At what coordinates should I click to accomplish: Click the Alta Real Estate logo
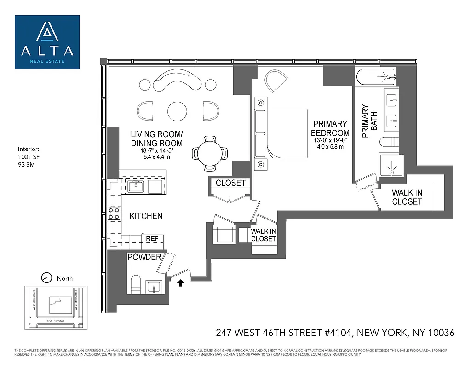click(47, 42)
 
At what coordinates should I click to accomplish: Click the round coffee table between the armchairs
click(177, 110)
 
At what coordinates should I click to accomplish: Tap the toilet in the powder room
click(135, 283)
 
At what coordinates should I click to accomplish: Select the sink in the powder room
click(153, 287)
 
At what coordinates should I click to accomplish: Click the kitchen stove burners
click(114, 213)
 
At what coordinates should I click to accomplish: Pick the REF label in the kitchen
click(152, 239)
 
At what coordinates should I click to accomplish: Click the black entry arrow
click(181, 282)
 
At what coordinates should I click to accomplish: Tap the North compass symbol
click(46, 278)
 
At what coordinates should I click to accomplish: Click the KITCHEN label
click(145, 216)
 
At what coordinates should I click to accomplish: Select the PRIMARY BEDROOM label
click(330, 128)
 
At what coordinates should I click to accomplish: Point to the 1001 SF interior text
click(27, 157)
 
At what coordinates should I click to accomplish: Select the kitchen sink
click(136, 186)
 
